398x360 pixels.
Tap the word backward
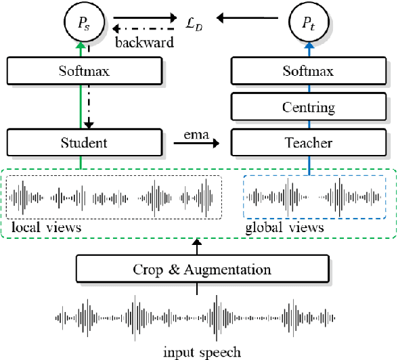click(x=144, y=42)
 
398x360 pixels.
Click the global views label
click(x=284, y=228)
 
